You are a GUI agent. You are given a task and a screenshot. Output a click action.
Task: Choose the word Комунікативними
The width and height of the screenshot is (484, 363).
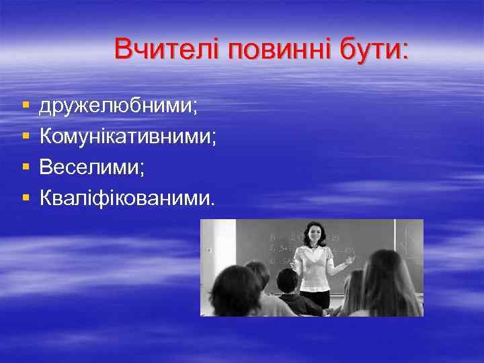128,137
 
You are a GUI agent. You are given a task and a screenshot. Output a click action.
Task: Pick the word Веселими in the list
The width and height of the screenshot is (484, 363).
91,167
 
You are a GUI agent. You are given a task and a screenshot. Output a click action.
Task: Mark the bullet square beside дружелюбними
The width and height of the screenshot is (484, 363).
25,106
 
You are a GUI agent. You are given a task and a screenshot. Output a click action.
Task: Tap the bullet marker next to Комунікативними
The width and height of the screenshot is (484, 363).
25,137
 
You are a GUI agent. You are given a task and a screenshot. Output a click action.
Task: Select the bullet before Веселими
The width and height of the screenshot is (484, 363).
25,167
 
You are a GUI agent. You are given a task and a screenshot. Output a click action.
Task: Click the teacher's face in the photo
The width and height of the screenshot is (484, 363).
314,236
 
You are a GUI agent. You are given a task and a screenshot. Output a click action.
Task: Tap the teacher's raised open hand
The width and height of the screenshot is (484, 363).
350,259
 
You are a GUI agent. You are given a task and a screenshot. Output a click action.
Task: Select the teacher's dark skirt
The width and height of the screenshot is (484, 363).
316,297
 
